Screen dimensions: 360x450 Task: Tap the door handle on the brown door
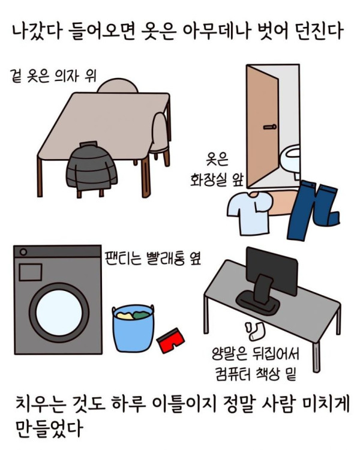point(270,127)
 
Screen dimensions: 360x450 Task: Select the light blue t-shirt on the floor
point(249,212)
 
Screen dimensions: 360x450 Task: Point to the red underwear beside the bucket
point(171,341)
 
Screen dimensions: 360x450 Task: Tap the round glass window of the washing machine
point(59,313)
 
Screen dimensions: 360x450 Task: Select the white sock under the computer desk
point(254,331)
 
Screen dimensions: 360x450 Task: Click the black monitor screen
point(272,271)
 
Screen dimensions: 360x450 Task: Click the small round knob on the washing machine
point(23,252)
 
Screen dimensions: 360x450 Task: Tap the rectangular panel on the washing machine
point(31,272)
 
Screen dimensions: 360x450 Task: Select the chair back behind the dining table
point(118,86)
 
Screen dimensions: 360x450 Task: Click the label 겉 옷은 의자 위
point(53,76)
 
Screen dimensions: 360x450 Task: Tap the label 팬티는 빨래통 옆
point(152,258)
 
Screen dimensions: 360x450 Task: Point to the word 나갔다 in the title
point(37,31)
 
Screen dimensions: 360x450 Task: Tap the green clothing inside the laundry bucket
point(141,315)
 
